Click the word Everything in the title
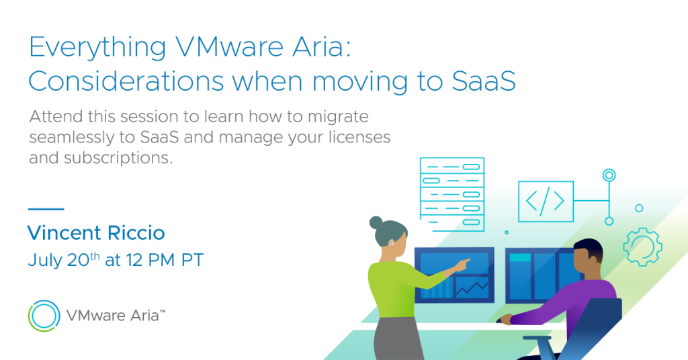(97, 48)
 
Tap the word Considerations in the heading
(126, 81)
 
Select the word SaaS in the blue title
(484, 81)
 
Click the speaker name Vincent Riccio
(96, 232)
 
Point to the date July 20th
(64, 259)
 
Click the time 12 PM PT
(165, 260)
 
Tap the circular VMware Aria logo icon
(44, 316)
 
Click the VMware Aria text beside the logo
(116, 315)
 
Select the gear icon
(643, 246)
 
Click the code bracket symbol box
(546, 201)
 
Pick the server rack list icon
(452, 194)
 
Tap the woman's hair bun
(376, 222)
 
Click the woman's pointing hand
(462, 265)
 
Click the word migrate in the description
(338, 117)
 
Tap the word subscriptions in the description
(118, 158)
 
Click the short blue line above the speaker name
(46, 209)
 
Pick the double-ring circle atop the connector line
(609, 175)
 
